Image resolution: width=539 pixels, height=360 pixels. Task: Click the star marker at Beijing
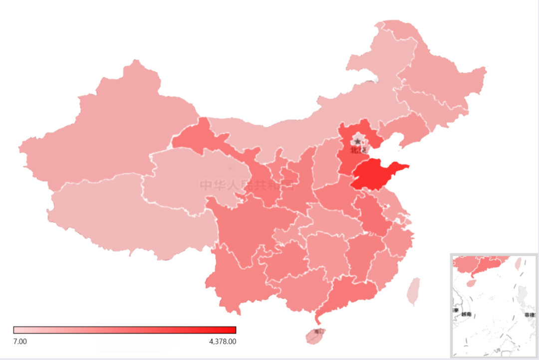[357, 142]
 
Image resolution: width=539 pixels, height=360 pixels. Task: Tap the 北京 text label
[357, 150]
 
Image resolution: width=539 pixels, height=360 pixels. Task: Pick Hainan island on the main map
[315, 335]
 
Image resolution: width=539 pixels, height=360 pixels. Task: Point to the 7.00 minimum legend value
[20, 342]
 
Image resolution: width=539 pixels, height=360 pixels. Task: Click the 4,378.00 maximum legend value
[223, 342]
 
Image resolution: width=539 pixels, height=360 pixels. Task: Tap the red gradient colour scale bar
[125, 330]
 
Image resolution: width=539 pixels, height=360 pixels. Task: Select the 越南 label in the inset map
[466, 315]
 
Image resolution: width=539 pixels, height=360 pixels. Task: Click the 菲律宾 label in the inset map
[530, 315]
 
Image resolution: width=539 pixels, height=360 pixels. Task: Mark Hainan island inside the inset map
[471, 283]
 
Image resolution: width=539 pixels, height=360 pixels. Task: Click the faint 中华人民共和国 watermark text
[247, 185]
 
